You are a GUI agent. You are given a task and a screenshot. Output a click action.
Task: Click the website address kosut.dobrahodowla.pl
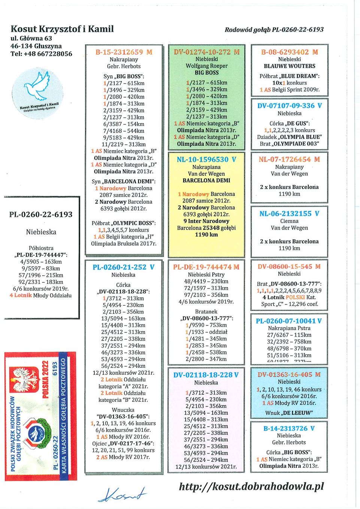click(x=251, y=486)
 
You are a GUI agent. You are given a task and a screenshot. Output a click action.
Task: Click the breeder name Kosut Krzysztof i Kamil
click(x=62, y=29)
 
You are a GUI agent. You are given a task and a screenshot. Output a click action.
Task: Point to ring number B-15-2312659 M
click(x=124, y=52)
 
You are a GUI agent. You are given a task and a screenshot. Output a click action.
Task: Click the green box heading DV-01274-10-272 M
click(x=206, y=52)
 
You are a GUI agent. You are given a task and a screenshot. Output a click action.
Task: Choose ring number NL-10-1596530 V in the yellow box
click(x=206, y=160)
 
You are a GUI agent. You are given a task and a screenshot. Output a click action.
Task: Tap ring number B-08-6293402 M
click(x=290, y=52)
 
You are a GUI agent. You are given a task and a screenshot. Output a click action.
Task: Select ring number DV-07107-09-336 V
click(x=290, y=106)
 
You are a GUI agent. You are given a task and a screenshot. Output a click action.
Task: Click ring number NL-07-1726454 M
click(x=290, y=160)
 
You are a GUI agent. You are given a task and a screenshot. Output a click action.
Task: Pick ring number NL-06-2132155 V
click(x=290, y=213)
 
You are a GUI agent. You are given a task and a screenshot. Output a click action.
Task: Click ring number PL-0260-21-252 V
click(x=124, y=267)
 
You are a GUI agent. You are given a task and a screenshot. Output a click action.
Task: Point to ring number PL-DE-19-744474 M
click(x=206, y=267)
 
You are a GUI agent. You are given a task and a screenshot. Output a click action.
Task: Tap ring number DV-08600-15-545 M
click(x=290, y=267)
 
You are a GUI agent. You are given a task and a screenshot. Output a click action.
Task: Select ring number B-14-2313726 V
click(x=289, y=428)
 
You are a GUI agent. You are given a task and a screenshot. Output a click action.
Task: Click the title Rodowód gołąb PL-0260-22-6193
click(x=274, y=29)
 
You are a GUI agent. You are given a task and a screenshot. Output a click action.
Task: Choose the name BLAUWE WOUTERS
click(x=290, y=66)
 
